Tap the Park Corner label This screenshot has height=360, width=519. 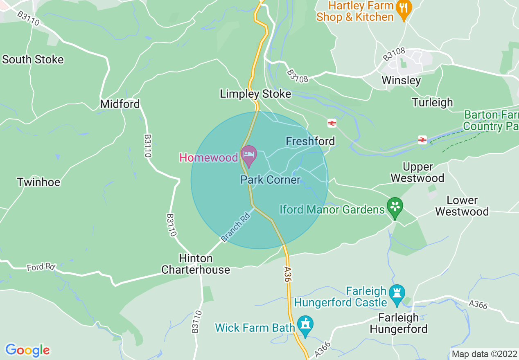[270, 180]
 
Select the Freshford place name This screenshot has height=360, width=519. [310, 142]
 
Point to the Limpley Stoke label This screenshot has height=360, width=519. [255, 94]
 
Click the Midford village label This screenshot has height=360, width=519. [120, 104]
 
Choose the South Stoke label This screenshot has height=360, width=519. [33, 59]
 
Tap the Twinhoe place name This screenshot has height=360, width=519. [38, 182]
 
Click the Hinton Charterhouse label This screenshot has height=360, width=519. [196, 264]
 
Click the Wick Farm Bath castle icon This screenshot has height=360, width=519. [305, 326]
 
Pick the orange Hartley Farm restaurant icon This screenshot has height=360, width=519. [404, 10]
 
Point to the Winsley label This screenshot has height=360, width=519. [401, 80]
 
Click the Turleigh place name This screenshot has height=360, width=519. [432, 102]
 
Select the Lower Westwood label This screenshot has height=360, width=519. [462, 206]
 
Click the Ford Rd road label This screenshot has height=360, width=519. [41, 267]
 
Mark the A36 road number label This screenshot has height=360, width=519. [287, 274]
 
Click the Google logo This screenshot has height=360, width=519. [27, 350]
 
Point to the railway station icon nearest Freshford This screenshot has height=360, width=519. [332, 123]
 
